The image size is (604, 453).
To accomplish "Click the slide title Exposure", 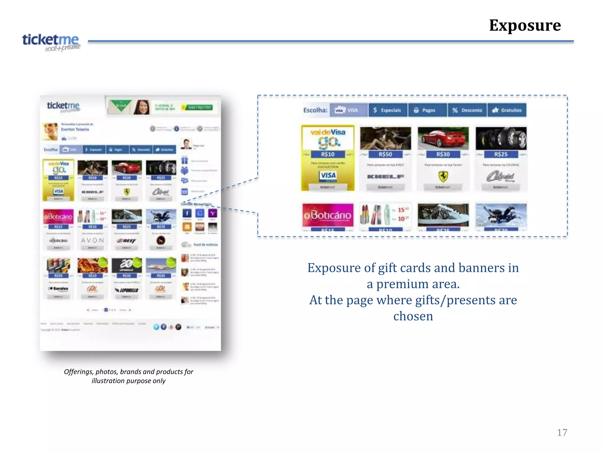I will [x=525, y=25].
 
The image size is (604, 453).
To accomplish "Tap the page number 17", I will [x=562, y=432].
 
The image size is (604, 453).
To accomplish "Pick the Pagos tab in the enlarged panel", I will [x=427, y=110].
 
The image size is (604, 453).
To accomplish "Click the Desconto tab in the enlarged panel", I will [x=467, y=110].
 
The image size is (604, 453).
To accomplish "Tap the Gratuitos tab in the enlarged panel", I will [x=507, y=110].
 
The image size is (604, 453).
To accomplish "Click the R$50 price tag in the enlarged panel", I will [x=385, y=154].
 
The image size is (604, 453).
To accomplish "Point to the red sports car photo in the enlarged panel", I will [x=443, y=138].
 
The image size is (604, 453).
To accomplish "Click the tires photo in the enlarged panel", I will [x=501, y=138].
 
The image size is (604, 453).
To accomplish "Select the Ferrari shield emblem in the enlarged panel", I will [x=443, y=176].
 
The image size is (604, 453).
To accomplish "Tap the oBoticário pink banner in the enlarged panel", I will [x=328, y=215].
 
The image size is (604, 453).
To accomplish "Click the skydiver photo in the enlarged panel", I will [x=501, y=215].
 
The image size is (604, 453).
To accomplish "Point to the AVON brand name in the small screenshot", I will [x=93, y=240].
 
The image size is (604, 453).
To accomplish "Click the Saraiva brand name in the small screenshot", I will [x=59, y=288].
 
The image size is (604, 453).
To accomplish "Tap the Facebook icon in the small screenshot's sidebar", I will [x=187, y=213].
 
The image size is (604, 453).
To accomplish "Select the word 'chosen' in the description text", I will [x=413, y=316].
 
